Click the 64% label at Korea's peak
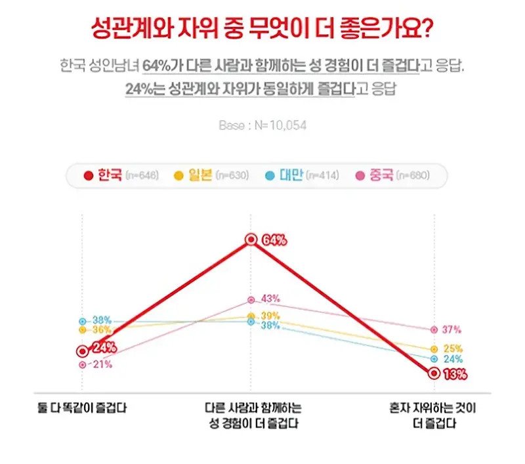click(274, 240)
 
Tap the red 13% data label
click(454, 375)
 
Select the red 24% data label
click(103, 348)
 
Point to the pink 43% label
click(270, 299)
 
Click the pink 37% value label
click(452, 329)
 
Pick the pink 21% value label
click(102, 364)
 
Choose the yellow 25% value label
click(453, 348)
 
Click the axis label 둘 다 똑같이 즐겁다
click(81, 408)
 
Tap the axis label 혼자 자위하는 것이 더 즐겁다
click(434, 415)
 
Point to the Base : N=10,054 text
click(262, 125)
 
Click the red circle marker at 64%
click(250, 240)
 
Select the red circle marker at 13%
click(434, 373)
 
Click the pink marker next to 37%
click(434, 329)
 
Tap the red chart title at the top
click(262, 32)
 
